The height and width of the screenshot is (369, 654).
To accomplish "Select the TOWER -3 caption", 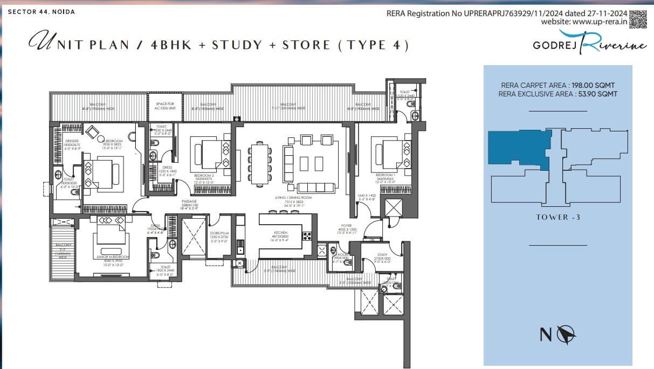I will [x=557, y=217].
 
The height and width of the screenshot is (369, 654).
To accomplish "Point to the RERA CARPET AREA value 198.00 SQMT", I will [x=558, y=86].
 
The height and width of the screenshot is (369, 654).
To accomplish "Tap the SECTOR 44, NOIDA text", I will [x=42, y=11].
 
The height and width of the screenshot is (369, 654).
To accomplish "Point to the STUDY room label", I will [x=382, y=255].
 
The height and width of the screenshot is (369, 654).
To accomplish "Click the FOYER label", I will [x=346, y=226].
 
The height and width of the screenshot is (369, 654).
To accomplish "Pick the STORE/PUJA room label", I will [x=219, y=233].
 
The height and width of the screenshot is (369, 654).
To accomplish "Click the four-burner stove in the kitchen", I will [x=307, y=235].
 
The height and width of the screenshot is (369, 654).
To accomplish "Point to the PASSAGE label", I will [x=189, y=201].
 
